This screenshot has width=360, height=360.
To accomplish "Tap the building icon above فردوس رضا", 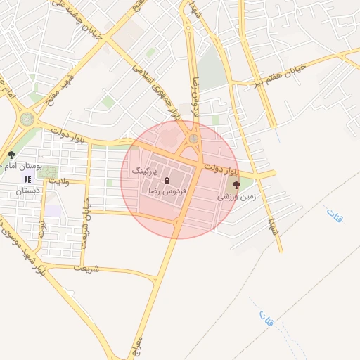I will [x=167, y=180].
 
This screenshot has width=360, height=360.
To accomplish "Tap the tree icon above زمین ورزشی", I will [x=236, y=186].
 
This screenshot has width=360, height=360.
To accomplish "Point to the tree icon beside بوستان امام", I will [x=11, y=155].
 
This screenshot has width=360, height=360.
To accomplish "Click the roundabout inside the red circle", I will [x=193, y=139].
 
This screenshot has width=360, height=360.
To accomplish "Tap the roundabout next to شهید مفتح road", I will [x=27, y=119].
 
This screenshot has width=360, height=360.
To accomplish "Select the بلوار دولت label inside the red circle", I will [x=223, y=169].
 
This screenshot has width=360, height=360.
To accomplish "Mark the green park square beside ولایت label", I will [x=48, y=172].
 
